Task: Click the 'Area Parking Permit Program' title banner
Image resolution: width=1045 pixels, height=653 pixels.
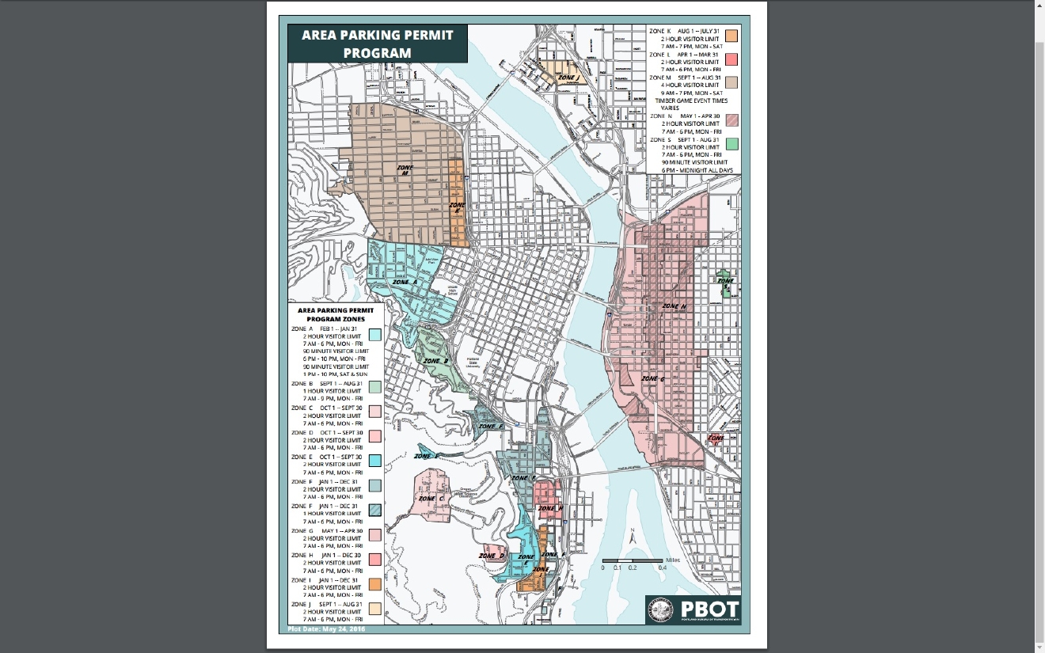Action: tap(377, 44)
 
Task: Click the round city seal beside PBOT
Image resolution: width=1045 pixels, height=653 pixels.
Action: tap(662, 609)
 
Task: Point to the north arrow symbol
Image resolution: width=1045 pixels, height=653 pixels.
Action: tap(633, 536)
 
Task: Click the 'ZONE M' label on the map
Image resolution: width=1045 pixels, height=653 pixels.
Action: tap(405, 170)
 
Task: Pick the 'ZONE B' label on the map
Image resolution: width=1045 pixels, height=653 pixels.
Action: tap(435, 361)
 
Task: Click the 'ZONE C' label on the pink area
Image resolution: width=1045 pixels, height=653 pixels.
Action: tap(431, 499)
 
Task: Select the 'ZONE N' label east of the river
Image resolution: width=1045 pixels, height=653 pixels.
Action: tap(674, 306)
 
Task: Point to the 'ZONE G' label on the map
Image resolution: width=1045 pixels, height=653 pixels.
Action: tap(652, 379)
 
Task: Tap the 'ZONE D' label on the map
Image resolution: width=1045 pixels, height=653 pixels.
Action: tap(492, 556)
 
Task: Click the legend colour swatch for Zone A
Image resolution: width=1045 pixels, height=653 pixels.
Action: tap(374, 335)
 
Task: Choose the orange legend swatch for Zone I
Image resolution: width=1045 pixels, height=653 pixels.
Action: tap(374, 584)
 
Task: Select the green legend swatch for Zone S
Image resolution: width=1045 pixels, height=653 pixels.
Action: tap(732, 143)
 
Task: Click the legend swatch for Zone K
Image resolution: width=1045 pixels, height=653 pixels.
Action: tap(732, 35)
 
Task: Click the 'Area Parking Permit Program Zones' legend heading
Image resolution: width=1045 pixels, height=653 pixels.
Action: tap(336, 314)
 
